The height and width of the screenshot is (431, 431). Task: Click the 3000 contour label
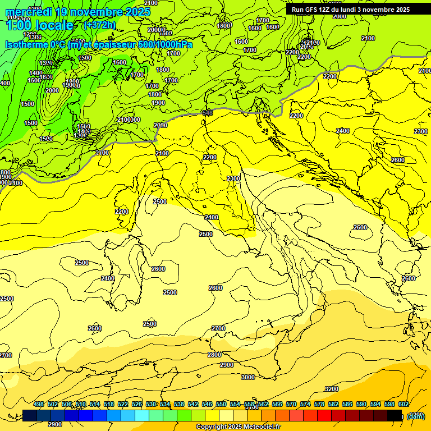[247, 377]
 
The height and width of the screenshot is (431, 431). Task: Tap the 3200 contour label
[332, 389]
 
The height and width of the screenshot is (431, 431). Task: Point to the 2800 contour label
[214, 355]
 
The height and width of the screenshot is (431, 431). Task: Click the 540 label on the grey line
[208, 113]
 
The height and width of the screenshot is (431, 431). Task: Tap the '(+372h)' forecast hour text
[100, 25]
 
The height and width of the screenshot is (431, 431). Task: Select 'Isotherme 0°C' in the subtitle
[34, 44]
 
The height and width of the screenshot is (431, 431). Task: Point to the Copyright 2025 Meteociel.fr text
[239, 427]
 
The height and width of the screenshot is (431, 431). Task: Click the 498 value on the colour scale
[39, 404]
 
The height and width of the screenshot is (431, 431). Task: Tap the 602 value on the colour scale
[404, 404]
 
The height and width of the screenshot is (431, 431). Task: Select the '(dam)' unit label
[416, 416]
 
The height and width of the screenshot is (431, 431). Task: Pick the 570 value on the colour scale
[291, 404]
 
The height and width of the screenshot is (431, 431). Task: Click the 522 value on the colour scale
[123, 404]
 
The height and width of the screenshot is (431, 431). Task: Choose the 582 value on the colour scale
[333, 404]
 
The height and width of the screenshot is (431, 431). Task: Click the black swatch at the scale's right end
[395, 415]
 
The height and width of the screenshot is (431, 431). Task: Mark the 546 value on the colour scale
[207, 404]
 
